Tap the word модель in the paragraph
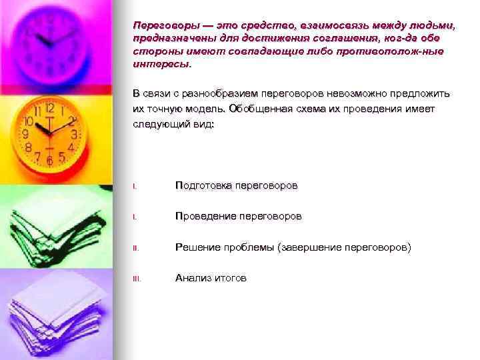click(203, 109)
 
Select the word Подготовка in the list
click(202, 185)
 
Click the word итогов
click(230, 278)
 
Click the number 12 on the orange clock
click(49, 107)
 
